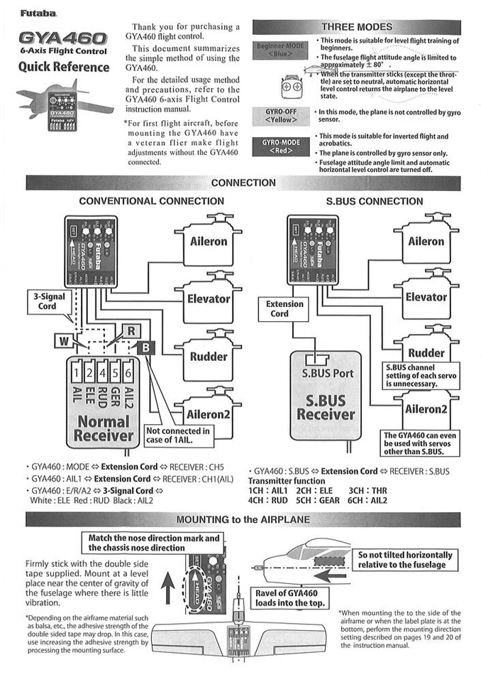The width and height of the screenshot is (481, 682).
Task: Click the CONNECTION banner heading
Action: click(x=243, y=183)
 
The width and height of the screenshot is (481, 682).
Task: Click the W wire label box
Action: click(x=64, y=342)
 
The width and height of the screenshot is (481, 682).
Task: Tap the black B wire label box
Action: click(x=145, y=347)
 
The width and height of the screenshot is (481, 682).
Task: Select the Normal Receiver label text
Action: click(x=102, y=427)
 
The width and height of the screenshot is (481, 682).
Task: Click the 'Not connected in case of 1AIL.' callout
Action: click(x=177, y=435)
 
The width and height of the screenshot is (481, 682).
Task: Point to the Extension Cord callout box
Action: click(x=284, y=308)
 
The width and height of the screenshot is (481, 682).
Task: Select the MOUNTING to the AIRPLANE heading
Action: click(x=243, y=519)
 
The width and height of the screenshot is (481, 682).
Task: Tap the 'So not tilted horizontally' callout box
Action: click(x=404, y=560)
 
